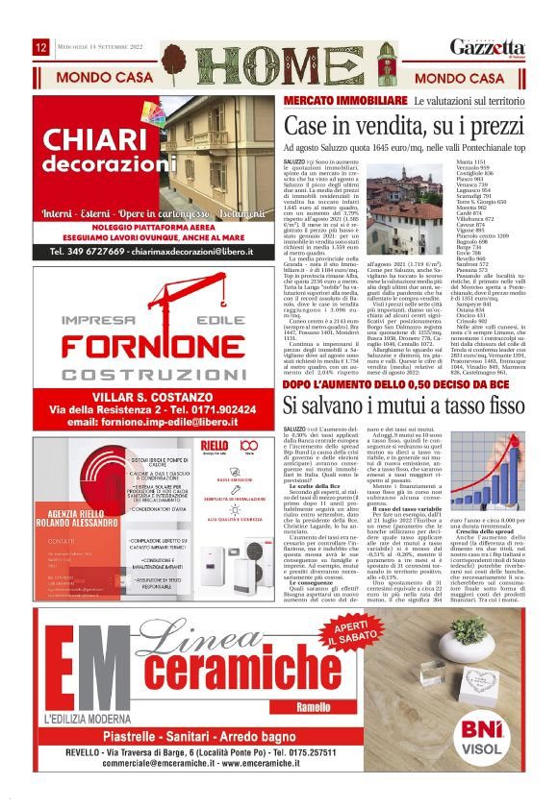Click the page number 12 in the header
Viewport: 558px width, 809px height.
pyautogui.click(x=41, y=47)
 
